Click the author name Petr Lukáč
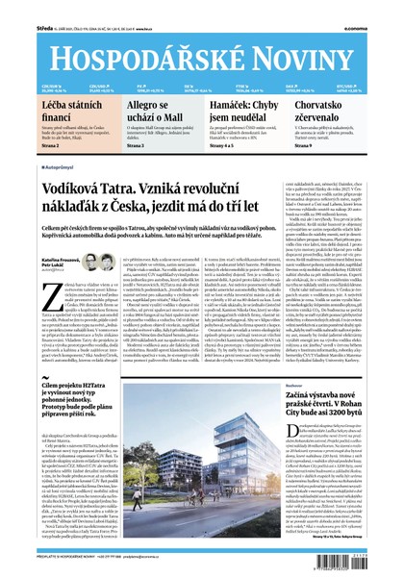click(52, 266)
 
